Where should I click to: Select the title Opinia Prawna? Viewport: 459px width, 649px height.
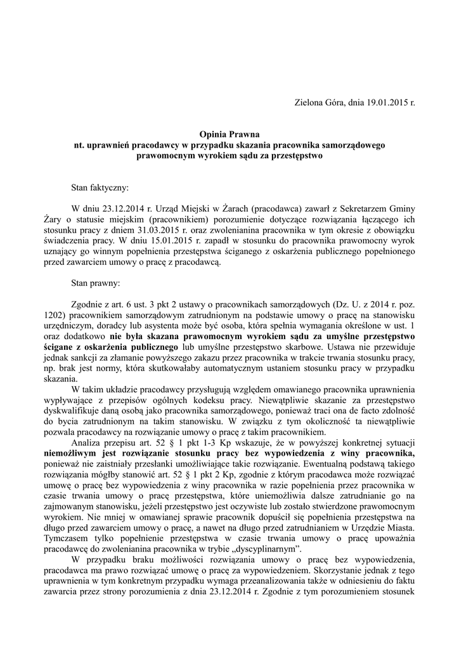click(x=229, y=135)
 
